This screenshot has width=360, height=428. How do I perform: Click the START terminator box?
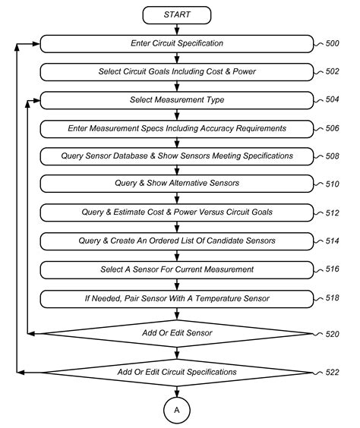(177, 15)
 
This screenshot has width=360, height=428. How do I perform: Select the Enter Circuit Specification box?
(177, 43)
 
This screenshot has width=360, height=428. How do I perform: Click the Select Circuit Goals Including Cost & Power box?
(177, 71)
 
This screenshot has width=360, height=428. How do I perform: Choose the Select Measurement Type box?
(177, 100)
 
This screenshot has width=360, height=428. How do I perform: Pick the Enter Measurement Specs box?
(177, 128)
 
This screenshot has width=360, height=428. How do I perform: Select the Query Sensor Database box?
(177, 156)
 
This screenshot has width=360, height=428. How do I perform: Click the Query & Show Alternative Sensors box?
(177, 184)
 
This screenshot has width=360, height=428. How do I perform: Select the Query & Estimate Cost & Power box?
(177, 212)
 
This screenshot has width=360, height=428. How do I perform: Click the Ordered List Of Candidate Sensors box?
(177, 241)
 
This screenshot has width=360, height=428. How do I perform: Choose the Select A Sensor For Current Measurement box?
(177, 269)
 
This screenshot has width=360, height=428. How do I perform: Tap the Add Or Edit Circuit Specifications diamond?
(177, 372)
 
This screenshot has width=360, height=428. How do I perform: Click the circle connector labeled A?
(177, 409)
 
